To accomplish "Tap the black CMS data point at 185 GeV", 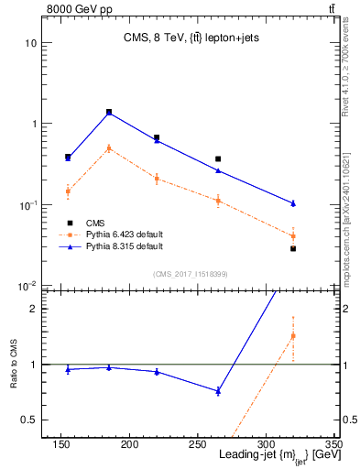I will point(109,112).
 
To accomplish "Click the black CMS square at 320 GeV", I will point(293,248).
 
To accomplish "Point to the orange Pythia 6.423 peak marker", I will point(109,147).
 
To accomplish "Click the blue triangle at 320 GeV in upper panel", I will point(293,203).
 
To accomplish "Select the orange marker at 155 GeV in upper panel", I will point(68,191).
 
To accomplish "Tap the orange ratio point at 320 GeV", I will point(293,336).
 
